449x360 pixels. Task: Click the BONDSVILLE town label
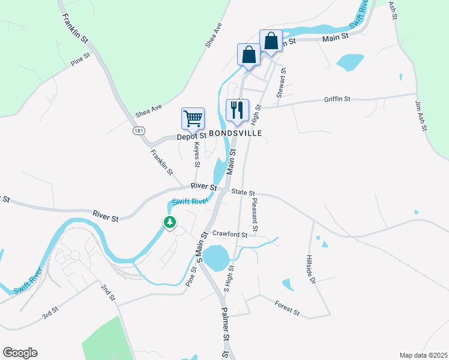point(235,133)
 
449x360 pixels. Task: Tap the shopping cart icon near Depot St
point(193,119)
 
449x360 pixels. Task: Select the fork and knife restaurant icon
point(237,109)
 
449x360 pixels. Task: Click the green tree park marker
point(170,223)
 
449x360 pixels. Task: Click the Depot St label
point(191,137)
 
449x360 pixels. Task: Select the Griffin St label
point(337,99)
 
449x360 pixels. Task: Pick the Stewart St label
point(280,83)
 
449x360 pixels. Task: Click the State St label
point(244,192)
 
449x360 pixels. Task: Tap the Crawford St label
point(229,235)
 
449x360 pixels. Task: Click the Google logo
point(20,353)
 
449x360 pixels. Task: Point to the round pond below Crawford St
point(215,258)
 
